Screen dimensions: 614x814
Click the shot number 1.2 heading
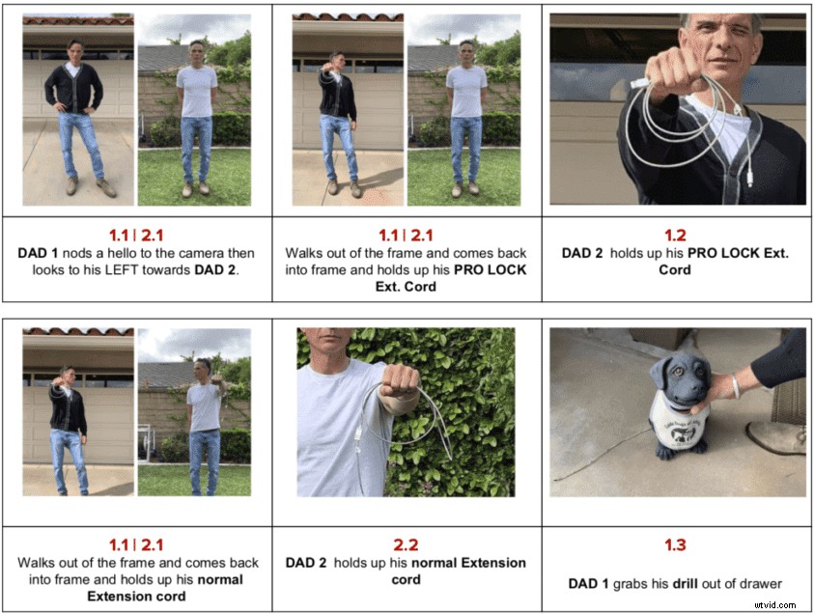point(675,235)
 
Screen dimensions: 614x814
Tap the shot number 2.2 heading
point(406,545)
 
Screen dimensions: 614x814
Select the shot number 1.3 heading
point(675,545)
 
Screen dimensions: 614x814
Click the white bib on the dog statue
point(682,425)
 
